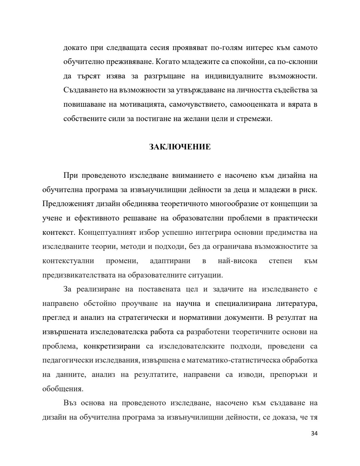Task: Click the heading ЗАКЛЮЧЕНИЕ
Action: pos(180,147)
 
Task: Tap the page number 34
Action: pos(314,433)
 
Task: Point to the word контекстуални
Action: pos(68,261)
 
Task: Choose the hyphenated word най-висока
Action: pos(237,261)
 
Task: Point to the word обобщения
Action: pos(63,389)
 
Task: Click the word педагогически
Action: pos(68,360)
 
